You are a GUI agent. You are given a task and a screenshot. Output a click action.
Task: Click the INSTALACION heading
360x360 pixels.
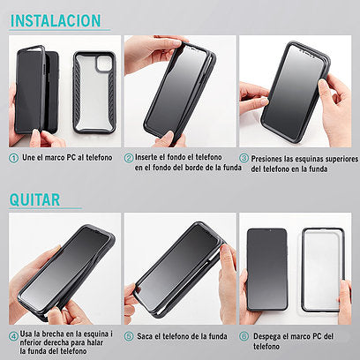pos(56,20)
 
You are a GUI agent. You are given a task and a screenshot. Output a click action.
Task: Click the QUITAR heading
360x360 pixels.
pos(34,199)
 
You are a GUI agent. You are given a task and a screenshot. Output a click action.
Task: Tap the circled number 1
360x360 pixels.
pos(13,158)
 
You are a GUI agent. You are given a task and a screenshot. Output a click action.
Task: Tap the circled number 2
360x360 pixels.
pos(129,158)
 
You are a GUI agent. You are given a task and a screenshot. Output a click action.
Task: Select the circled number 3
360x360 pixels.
pos(244,158)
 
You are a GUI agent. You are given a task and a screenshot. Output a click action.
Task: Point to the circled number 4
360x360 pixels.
pos(13,336)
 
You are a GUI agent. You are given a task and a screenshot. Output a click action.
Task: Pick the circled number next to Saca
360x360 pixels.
pos(129,336)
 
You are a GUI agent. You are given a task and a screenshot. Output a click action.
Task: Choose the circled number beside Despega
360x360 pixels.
pos(244,336)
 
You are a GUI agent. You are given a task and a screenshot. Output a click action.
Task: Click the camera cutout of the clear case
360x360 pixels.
pos(104,64)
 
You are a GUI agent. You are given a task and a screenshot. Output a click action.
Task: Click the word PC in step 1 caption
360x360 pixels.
pos(71,158)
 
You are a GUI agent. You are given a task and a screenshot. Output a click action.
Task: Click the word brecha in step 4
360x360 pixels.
pos(53,334)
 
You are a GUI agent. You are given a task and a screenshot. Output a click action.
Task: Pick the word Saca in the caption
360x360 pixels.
pos(145,336)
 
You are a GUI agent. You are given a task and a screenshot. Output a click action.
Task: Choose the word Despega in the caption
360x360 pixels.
pos(266,337)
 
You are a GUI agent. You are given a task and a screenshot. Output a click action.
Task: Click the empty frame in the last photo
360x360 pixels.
pos(303,269)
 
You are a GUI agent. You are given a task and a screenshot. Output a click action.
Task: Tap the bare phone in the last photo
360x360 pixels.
pos(266,269)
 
